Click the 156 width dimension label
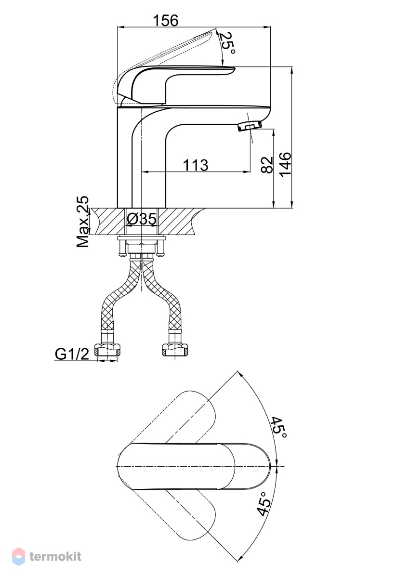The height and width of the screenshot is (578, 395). tap(166, 20)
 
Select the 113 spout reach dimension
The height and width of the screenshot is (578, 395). tap(195, 165)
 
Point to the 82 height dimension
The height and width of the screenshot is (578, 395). tap(266, 165)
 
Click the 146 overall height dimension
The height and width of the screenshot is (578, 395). tap(285, 165)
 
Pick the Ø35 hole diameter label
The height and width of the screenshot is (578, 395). tap(142, 219)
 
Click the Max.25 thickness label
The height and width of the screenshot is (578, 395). tap(82, 222)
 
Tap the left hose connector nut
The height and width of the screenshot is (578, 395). tap(107, 351)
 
